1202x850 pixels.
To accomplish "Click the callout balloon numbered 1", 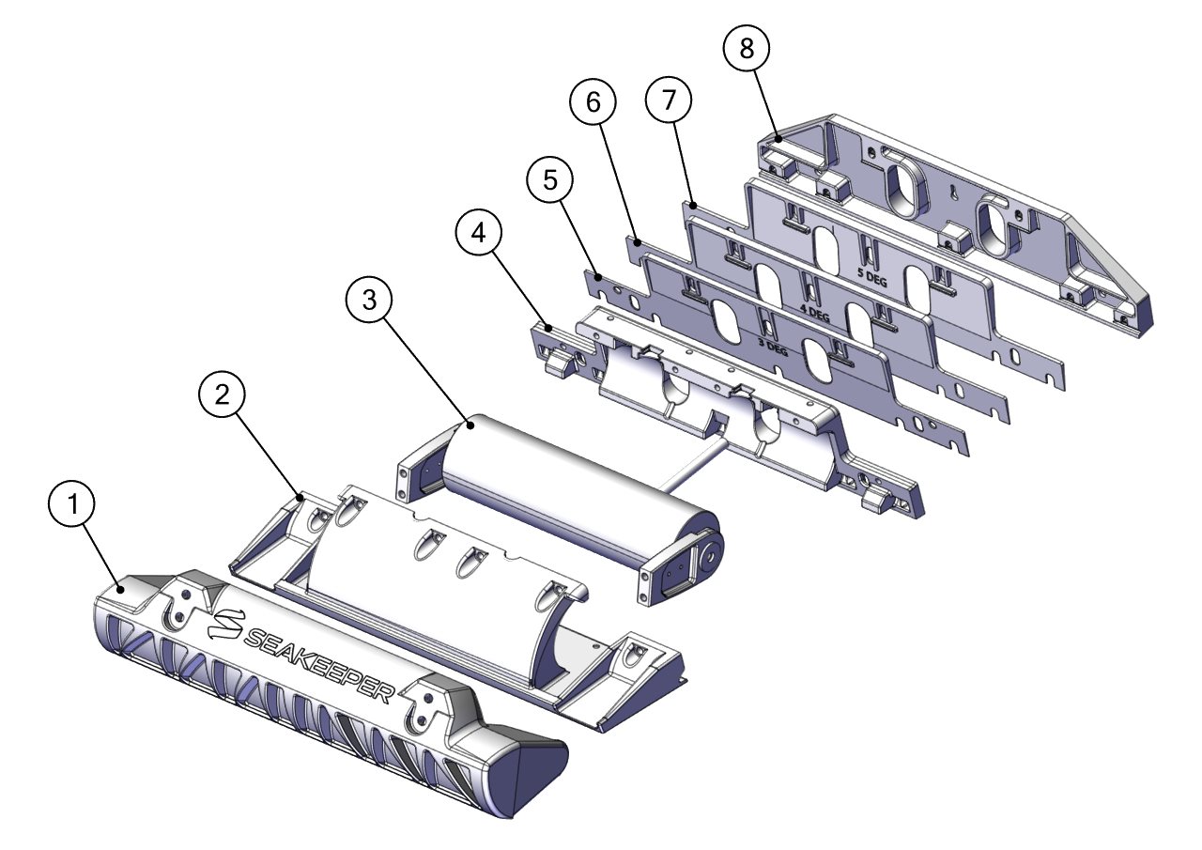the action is (x=71, y=503).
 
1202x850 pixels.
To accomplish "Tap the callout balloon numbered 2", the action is (x=222, y=395).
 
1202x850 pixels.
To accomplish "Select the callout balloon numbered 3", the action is (x=369, y=300).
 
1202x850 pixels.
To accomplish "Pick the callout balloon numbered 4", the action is (x=479, y=233).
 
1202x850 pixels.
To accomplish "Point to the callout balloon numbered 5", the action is (x=550, y=179).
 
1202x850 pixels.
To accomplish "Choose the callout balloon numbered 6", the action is (x=593, y=102).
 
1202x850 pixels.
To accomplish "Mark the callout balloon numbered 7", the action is (x=669, y=100).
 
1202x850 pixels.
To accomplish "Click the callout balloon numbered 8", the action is (x=747, y=49).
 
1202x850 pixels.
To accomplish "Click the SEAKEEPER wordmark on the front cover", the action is (x=320, y=666).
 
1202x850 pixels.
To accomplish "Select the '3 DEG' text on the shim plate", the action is (x=773, y=348).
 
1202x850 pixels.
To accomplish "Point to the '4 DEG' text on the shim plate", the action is (x=814, y=313).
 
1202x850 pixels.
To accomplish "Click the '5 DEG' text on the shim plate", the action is (x=872, y=277).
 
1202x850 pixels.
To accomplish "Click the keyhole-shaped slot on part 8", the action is (x=950, y=191).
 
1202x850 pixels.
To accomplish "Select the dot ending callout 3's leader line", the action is (x=470, y=425).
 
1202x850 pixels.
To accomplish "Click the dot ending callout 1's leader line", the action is (x=122, y=590).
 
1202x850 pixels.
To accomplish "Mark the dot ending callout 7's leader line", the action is (x=694, y=206).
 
